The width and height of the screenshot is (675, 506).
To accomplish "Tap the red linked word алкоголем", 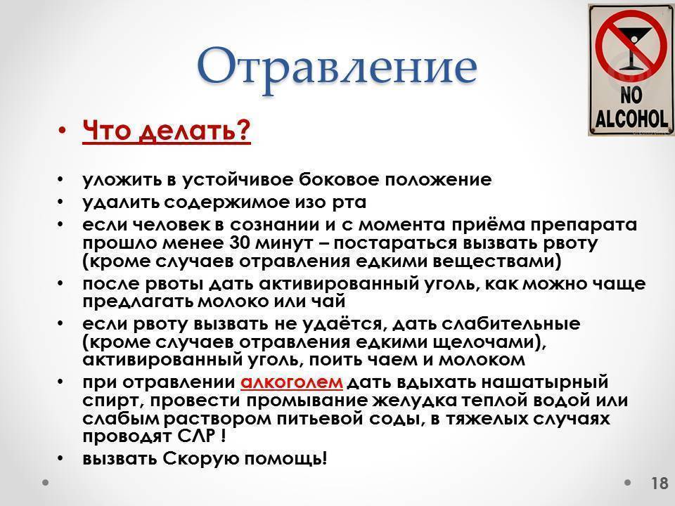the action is [x=291, y=382].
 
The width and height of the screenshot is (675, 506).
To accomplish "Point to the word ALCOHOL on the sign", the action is [x=631, y=118].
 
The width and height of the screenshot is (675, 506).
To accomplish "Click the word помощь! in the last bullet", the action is [x=285, y=459].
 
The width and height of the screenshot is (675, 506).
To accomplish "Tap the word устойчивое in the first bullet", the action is [x=238, y=179].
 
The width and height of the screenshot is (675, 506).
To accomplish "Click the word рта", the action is [x=349, y=202].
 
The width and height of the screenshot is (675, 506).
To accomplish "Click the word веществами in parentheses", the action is [x=493, y=261].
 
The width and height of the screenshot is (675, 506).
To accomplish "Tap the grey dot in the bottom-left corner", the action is [x=45, y=482].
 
